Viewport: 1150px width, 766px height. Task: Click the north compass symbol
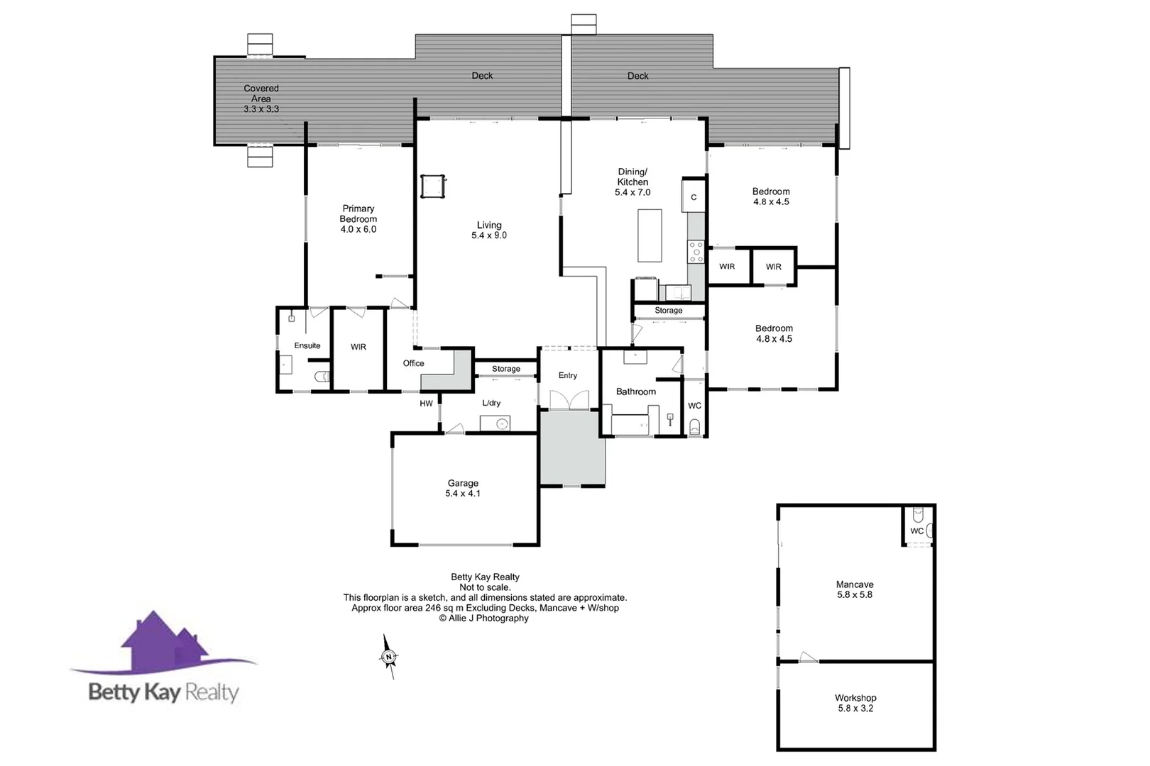click(x=389, y=657)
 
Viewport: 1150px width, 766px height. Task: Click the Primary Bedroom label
click(x=358, y=218)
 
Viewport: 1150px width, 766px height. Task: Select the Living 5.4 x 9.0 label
click(x=489, y=230)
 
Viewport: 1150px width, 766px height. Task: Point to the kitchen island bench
click(x=650, y=235)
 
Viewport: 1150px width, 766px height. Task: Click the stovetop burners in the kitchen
click(x=696, y=252)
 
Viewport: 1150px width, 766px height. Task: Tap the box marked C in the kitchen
click(x=694, y=197)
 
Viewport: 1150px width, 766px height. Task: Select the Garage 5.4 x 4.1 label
click(x=463, y=488)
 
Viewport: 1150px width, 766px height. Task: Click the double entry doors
click(x=569, y=401)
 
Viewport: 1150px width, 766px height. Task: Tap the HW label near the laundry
click(x=426, y=404)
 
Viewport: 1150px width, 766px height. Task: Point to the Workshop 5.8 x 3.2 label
click(x=855, y=703)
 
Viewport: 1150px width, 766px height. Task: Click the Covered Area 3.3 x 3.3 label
click(x=261, y=99)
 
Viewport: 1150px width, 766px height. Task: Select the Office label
click(x=414, y=363)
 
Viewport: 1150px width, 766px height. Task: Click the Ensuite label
click(x=307, y=345)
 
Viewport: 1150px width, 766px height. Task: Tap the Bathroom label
click(x=636, y=392)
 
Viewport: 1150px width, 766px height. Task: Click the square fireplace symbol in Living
click(x=432, y=187)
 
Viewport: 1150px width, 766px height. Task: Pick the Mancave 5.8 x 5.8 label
click(x=855, y=589)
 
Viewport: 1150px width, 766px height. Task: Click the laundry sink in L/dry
click(x=501, y=424)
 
